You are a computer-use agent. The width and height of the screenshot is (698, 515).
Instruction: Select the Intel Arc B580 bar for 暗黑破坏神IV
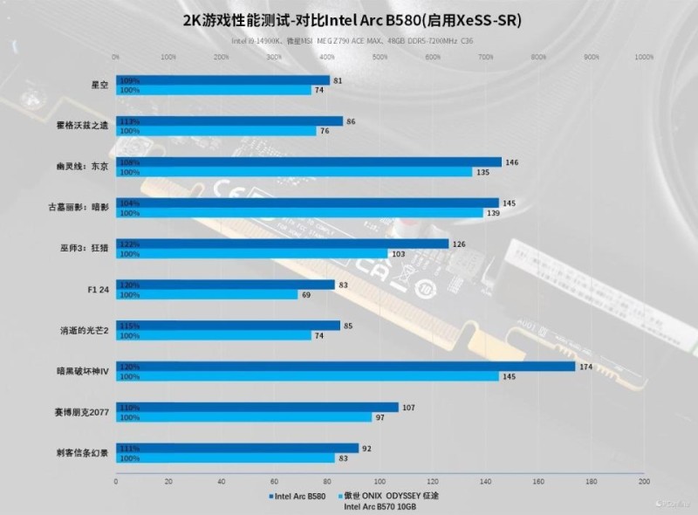click(x=346, y=367)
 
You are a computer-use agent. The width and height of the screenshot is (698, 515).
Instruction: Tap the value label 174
click(x=585, y=367)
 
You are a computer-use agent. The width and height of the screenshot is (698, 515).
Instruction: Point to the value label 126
click(x=459, y=244)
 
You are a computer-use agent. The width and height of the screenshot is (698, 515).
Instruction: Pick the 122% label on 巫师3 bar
click(x=129, y=244)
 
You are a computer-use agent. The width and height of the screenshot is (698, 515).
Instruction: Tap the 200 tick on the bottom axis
click(x=644, y=481)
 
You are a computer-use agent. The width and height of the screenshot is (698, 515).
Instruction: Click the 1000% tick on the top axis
click(x=644, y=58)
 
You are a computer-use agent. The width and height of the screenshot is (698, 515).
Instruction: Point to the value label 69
click(x=306, y=295)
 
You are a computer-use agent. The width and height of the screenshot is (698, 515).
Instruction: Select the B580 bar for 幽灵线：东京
click(x=309, y=162)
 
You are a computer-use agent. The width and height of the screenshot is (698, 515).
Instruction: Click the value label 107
click(x=409, y=408)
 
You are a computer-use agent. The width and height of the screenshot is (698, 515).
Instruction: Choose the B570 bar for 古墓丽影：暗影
click(x=299, y=213)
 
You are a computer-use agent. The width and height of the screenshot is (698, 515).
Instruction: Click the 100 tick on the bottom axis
click(x=380, y=481)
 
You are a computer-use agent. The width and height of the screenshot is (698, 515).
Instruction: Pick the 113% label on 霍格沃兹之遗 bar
click(x=129, y=121)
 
